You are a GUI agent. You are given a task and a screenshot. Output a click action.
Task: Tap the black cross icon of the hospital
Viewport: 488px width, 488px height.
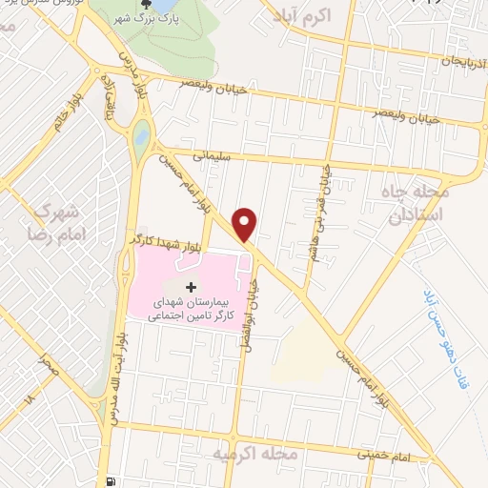tap(190, 287)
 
